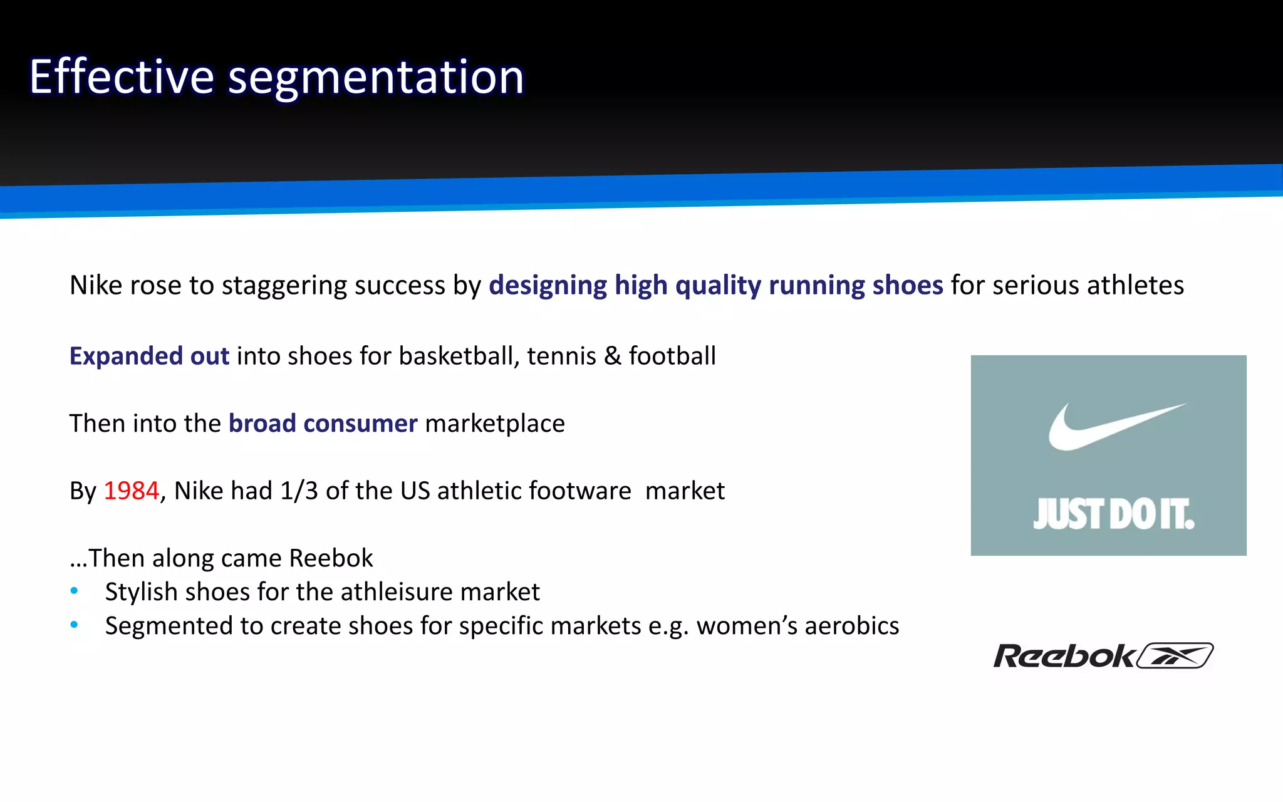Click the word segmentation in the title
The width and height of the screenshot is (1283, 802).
pos(375,78)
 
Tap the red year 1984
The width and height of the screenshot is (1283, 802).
pos(131,491)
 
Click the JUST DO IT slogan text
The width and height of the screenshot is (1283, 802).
pos(1113,514)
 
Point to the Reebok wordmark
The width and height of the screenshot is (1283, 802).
pos(1063,656)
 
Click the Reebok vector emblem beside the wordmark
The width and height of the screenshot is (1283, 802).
pos(1175,655)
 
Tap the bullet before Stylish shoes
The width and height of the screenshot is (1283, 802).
pos(75,591)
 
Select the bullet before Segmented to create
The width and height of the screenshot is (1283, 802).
pos(75,625)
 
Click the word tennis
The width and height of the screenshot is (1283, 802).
pos(561,356)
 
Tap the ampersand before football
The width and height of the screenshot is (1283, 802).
pos(612,356)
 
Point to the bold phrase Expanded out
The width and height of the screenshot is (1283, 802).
pos(149,356)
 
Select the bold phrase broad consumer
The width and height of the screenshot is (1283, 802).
pos(323,424)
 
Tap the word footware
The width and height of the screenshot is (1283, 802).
pos(580,491)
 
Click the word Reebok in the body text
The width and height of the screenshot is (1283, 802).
pos(331,558)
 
